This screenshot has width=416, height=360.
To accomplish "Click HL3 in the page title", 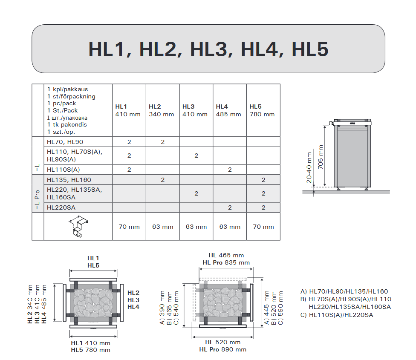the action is (211, 49).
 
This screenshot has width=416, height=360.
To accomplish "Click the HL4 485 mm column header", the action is (228, 110).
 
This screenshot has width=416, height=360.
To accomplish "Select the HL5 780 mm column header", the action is (262, 110).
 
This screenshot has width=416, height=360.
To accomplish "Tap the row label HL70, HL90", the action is (65, 142).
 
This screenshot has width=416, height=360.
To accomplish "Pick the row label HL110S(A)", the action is (64, 170).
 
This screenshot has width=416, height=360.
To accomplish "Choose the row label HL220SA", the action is (61, 207).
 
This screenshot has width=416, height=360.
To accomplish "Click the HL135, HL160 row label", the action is (69, 180).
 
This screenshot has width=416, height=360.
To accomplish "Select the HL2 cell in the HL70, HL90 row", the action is (163, 142).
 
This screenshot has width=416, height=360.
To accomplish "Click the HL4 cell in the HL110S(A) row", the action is (230, 170).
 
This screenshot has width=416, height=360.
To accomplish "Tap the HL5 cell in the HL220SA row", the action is (263, 207).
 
